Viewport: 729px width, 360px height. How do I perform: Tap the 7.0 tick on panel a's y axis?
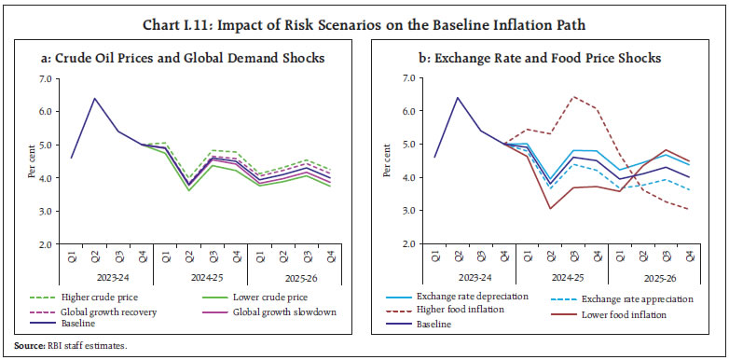[x=46, y=78]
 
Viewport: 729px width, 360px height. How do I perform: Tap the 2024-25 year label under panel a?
[x=204, y=277]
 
